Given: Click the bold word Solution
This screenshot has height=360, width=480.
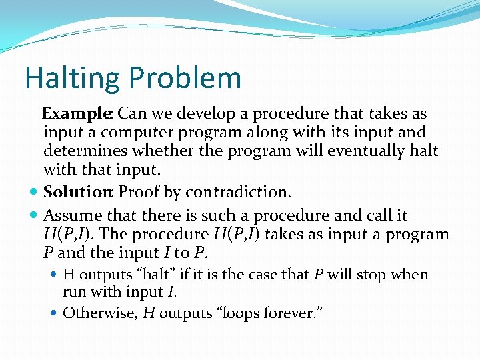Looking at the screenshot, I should [x=78, y=193].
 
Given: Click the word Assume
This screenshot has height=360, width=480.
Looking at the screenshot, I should [x=71, y=216].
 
